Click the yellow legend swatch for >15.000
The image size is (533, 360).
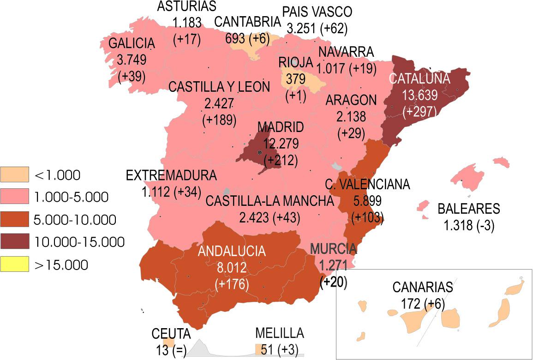14,264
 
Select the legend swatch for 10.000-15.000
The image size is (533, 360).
14,242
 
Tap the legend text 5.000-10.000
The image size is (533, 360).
75,220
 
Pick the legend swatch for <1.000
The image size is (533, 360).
14,175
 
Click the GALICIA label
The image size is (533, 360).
131,44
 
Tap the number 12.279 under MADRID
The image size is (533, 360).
281,144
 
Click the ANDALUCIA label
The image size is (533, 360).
232,252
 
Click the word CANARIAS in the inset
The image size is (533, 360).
423,287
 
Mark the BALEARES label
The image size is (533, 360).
468,209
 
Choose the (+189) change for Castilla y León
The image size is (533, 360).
219,120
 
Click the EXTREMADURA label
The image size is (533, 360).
171,176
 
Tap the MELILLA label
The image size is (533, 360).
280,334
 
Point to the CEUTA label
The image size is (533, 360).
171,334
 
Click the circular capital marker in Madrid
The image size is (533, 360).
261,153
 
